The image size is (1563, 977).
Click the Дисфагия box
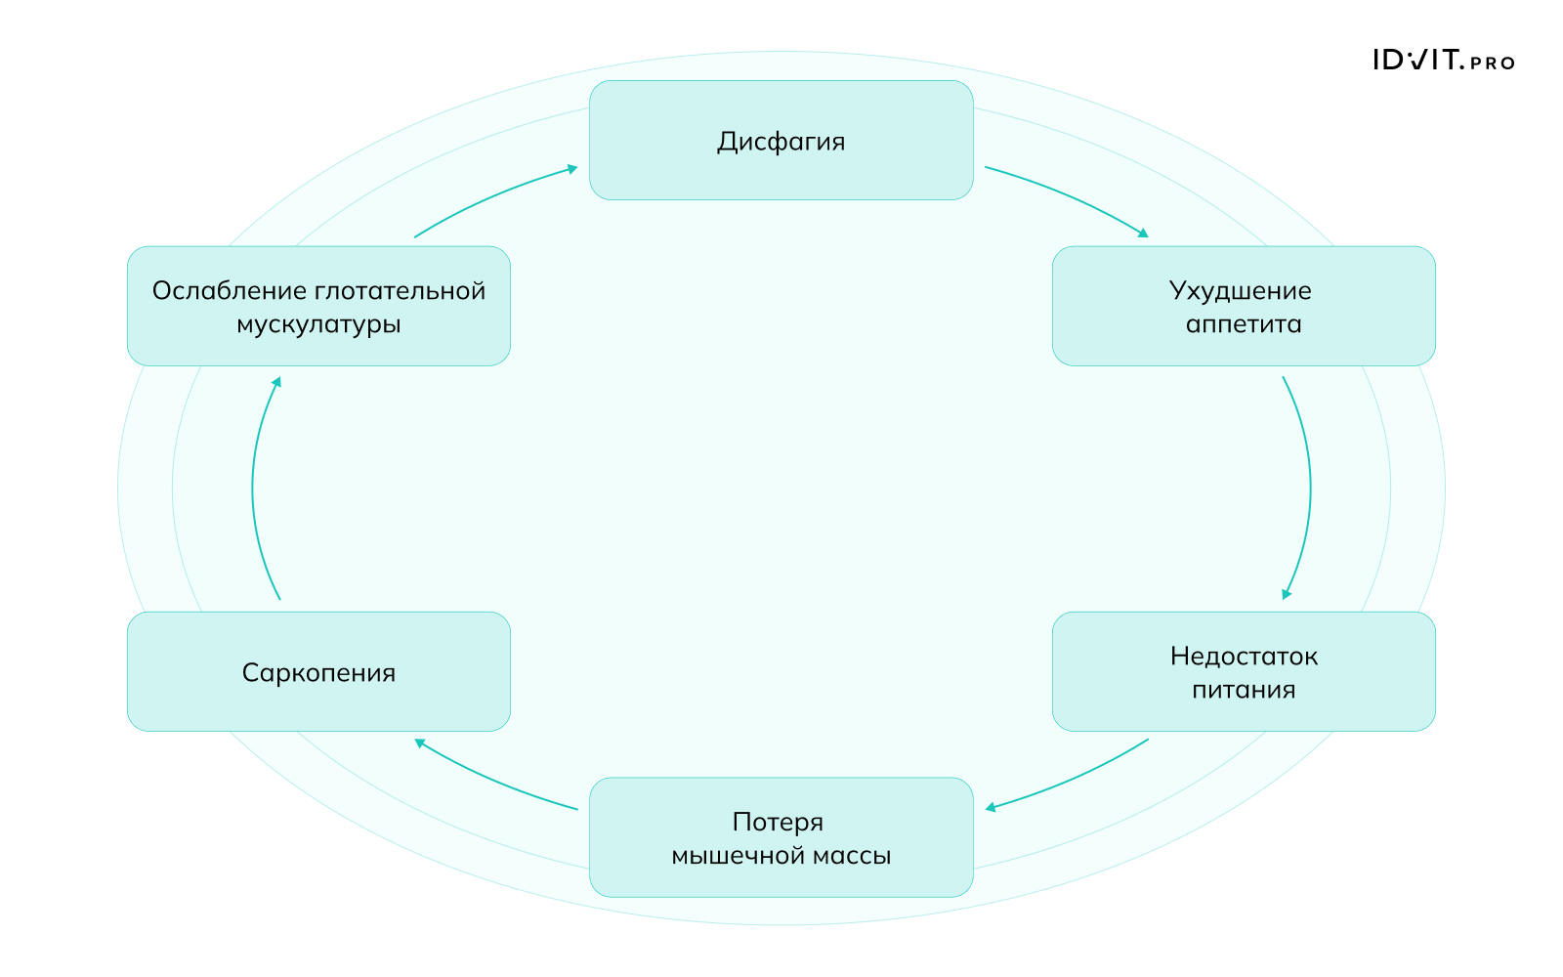[x=781, y=141]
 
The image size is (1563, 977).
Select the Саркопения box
[x=318, y=672]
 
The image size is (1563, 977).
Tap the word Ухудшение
[x=1240, y=291]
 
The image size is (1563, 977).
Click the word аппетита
[x=1244, y=324]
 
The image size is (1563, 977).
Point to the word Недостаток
[x=1244, y=657]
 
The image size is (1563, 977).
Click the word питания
[x=1244, y=690]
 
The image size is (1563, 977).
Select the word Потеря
[x=778, y=823]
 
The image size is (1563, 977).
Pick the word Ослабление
[x=230, y=291]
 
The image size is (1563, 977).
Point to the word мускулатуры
[x=318, y=324]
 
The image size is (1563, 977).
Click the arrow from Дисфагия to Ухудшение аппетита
[x=1071, y=196]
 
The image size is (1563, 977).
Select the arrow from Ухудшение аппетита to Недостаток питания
[x=1309, y=488]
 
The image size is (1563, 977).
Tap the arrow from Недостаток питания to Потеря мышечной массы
[x=1071, y=779]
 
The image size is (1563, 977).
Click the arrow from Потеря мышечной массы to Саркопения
[x=492, y=779]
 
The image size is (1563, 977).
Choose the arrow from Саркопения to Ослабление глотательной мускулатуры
[x=253, y=488]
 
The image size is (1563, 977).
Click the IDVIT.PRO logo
[x=1443, y=61]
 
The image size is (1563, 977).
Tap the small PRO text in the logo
[x=1492, y=64]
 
